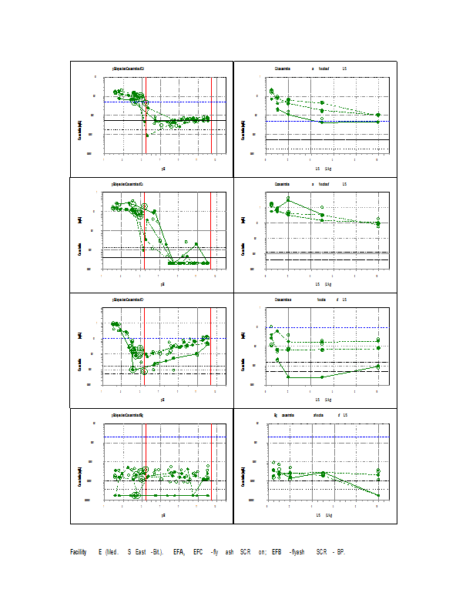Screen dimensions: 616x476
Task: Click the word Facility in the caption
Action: pos(78,552)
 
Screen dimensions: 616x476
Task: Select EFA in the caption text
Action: pos(179,552)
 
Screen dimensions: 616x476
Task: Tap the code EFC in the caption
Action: pos(199,552)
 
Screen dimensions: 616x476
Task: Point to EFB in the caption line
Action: pos(277,552)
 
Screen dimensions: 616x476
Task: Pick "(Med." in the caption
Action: pos(111,552)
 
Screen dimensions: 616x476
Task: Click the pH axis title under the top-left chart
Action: pos(163,167)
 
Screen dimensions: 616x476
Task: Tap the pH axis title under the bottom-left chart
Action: pos(163,514)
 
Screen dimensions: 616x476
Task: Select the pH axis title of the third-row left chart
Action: pos(163,400)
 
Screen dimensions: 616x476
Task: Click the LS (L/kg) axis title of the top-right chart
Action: pos(323,167)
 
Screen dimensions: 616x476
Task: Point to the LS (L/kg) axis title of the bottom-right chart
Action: pos(323,514)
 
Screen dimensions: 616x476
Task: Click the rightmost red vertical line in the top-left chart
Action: pos(212,115)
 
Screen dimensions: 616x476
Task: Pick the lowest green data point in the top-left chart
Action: pos(147,136)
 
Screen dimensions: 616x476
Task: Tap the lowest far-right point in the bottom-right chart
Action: pos(377,495)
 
